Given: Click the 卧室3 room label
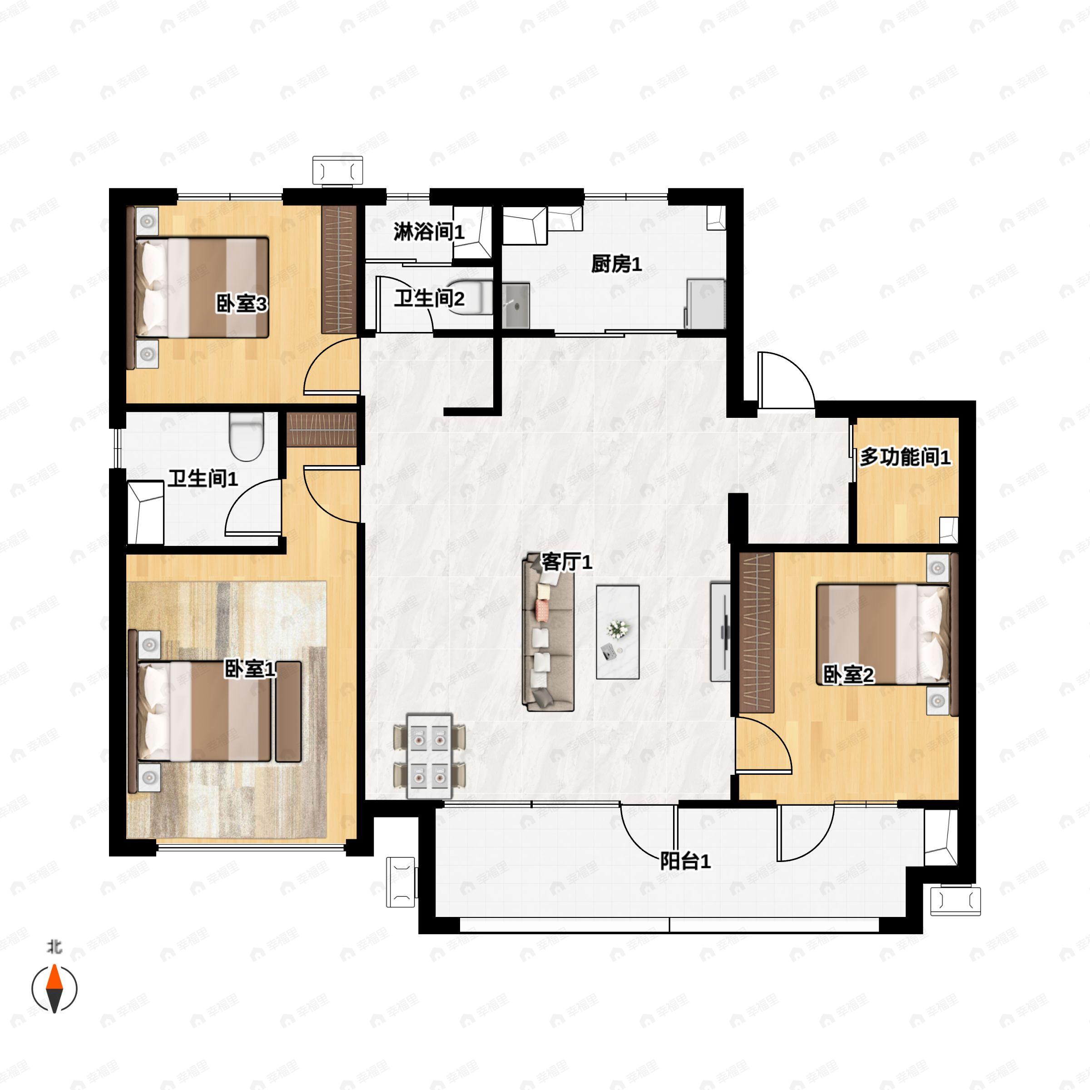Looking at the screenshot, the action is [x=242, y=305].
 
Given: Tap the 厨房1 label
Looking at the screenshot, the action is [x=616, y=264].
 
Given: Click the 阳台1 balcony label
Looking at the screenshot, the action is [x=685, y=862].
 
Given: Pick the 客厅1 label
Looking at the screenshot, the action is [x=566, y=562].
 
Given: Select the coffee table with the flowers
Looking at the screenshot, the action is [x=618, y=632].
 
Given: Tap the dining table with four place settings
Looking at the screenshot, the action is [x=429, y=757].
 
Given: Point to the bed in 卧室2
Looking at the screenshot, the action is [x=883, y=635].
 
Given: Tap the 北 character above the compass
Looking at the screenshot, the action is [x=54, y=946].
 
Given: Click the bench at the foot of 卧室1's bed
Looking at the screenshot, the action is [x=288, y=711].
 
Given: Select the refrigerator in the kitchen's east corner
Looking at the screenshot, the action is [x=705, y=303].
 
